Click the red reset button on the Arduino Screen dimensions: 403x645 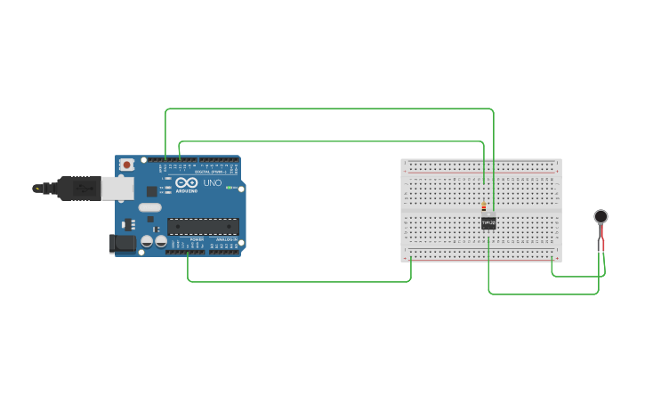coord(127,165)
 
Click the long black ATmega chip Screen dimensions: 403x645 coord(203,227)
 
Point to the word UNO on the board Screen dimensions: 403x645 coord(213,183)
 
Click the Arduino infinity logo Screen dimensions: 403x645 coord(186,183)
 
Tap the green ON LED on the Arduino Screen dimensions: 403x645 coord(229,188)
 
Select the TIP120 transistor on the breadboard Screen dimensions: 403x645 coord(488,222)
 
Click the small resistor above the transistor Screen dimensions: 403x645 coord(484,207)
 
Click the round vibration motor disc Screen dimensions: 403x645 coord(601,216)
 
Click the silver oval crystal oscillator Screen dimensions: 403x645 coord(149,207)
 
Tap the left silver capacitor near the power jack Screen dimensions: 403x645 coord(147,241)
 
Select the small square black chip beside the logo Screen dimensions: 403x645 coord(152,190)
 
